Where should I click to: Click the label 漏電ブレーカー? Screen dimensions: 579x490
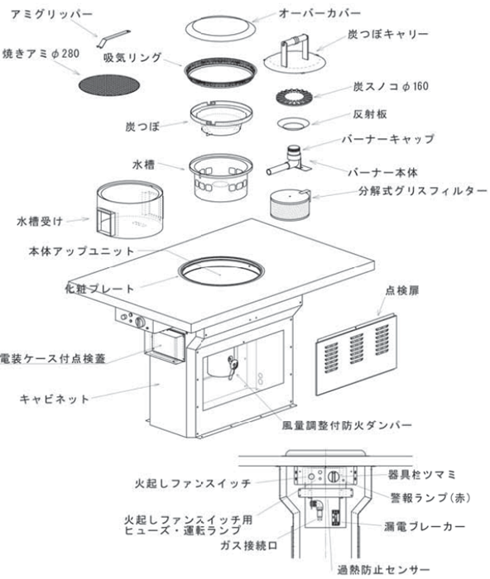tap(430, 525)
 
